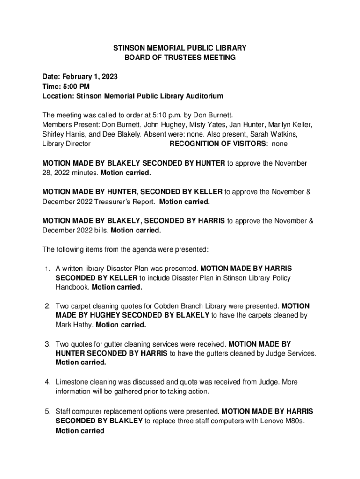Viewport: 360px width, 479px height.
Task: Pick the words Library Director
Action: coord(66,144)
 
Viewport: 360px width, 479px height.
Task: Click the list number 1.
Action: coord(47,269)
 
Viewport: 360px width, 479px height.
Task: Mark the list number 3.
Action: coord(47,344)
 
